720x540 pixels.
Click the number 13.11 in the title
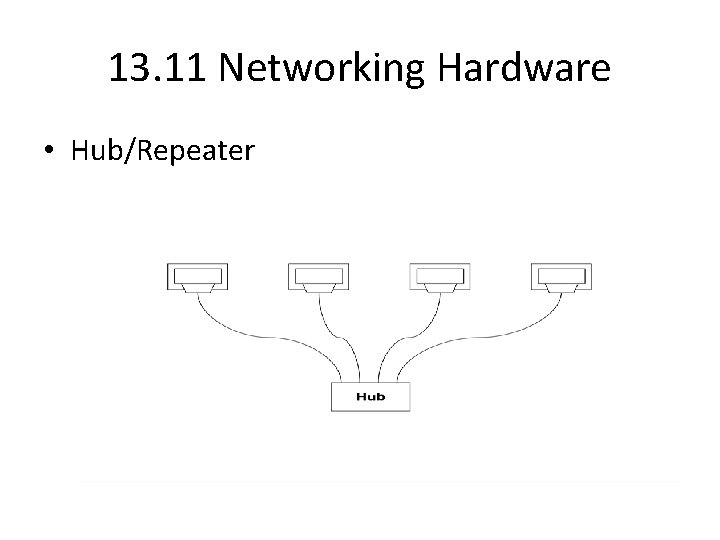[x=159, y=68]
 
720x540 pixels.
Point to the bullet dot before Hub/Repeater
[x=49, y=152]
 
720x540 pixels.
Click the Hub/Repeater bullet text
[x=162, y=152]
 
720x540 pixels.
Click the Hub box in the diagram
[x=370, y=397]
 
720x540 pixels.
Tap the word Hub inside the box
[x=370, y=397]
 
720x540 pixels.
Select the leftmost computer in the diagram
[x=197, y=278]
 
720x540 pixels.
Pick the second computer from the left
[x=319, y=278]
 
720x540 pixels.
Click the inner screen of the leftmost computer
[x=197, y=274]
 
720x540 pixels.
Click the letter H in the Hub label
[x=361, y=397]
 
